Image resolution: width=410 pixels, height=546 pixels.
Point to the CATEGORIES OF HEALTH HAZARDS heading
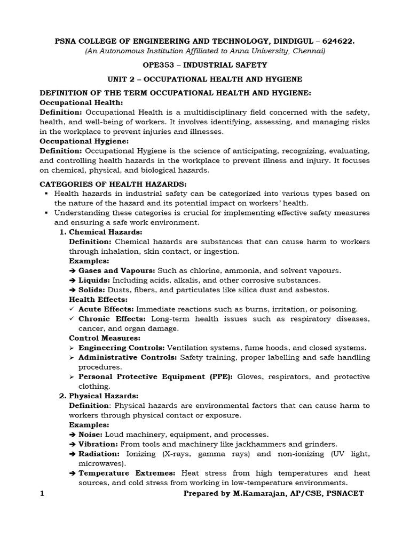click(113, 184)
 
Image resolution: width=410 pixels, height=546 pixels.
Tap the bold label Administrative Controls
click(128, 357)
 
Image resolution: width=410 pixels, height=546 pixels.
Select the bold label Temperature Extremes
click(127, 473)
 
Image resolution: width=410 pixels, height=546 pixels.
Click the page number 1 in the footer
click(43, 493)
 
